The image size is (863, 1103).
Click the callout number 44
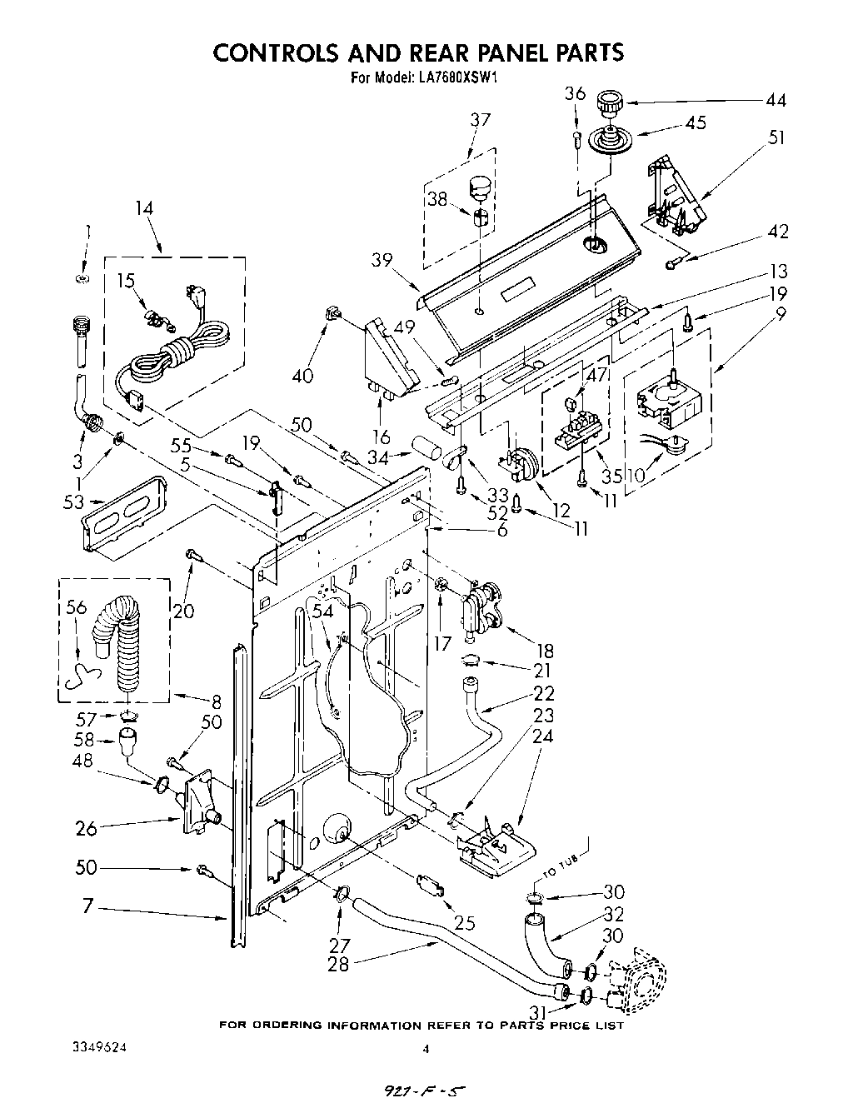(775, 100)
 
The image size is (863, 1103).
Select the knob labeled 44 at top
(611, 106)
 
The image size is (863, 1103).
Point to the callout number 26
(86, 828)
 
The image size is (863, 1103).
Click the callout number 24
(542, 736)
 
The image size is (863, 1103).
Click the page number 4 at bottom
(426, 1049)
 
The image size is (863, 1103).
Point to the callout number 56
(76, 608)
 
